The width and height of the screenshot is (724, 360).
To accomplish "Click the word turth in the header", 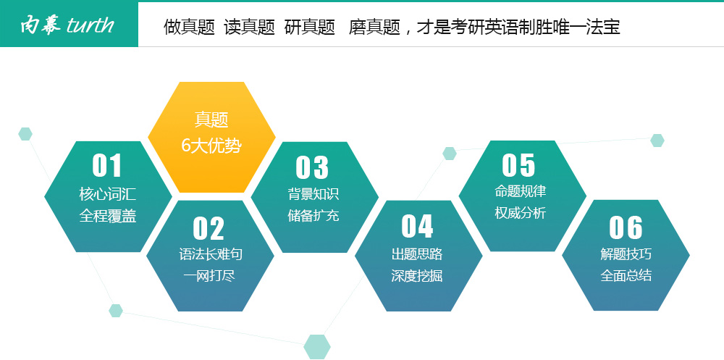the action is (90, 25).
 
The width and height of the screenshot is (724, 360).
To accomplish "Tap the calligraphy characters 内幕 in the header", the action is (41, 25).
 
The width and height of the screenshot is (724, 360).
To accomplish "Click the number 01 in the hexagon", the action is (107, 165).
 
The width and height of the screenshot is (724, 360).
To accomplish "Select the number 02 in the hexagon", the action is (209, 228).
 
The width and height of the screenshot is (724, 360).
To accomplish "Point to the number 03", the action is (312, 167).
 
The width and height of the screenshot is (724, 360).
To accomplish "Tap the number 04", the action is (417, 227).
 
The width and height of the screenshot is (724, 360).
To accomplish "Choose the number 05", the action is (518, 165).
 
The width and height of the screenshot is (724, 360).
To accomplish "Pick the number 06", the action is (626, 227).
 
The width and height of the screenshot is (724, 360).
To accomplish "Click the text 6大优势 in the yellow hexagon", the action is (211, 146).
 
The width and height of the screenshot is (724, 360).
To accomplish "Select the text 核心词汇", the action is (108, 194).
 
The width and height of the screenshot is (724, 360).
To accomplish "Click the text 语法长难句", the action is (211, 254).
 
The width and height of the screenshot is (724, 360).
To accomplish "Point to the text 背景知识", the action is (313, 193).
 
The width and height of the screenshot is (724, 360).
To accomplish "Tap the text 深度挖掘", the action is (417, 276).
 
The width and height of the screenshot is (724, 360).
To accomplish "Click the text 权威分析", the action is (521, 213).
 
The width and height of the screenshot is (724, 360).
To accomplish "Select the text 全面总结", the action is (626, 275).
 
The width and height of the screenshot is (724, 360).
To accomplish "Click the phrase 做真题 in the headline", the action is (189, 28).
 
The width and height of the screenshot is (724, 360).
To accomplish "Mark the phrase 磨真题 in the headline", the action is (374, 28).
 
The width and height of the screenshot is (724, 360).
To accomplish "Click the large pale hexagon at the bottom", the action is (317, 346).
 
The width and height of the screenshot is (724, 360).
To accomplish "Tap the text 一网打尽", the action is (209, 276).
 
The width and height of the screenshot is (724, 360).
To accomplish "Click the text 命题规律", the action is (521, 191).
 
